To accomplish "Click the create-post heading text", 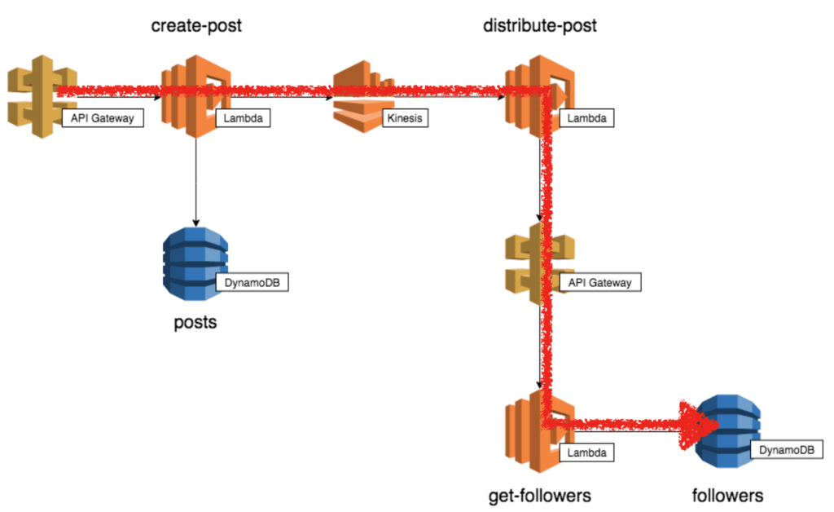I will pos(196,26).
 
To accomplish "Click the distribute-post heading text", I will pos(539,26).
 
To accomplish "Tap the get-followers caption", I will pos(539,495).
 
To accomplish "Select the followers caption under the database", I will pos(727,495).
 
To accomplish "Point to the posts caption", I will pos(195,322).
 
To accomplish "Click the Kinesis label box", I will pos(405,119).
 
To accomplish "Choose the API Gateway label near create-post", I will pos(103,119).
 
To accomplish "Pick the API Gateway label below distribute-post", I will pos(600,283).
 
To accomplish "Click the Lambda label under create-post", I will pos(242,119).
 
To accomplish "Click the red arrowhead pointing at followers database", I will pos(696,424).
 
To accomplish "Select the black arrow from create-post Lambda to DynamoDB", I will pos(195,179).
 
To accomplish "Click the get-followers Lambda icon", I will pos(529,432).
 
